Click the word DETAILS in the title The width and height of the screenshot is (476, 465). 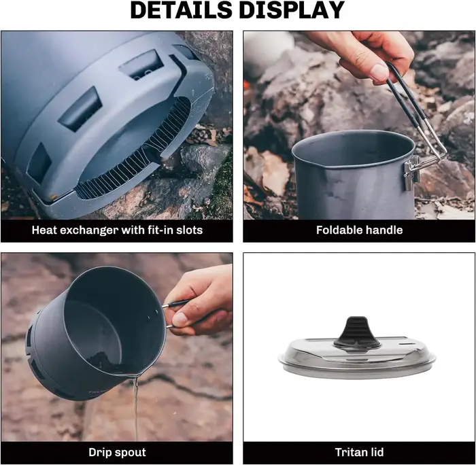coord(181,10)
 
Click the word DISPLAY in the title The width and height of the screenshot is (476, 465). coord(292,10)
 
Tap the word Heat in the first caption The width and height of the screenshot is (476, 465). coord(44,230)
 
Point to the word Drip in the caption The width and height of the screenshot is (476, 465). coord(99,452)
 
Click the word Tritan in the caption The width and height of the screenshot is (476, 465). coord(349,452)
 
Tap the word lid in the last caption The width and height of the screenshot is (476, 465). coord(375,452)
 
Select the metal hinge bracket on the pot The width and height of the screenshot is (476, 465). coord(411,173)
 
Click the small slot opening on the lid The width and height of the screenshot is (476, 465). coord(407,344)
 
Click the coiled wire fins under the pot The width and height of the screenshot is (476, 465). coord(133,152)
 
